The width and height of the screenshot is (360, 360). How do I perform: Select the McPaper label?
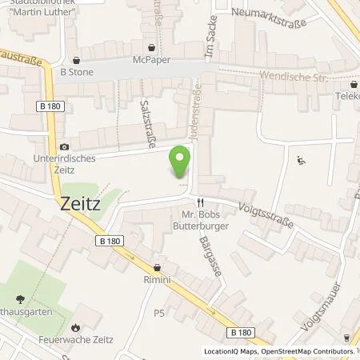pyautogui.click(x=151, y=58)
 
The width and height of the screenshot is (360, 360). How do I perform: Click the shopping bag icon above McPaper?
pyautogui.click(x=151, y=46)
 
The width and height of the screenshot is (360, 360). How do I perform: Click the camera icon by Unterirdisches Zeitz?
pyautogui.click(x=65, y=147)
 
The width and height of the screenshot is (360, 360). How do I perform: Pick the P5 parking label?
pyautogui.click(x=160, y=313)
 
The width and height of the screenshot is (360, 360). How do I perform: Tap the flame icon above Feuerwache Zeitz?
pyautogui.click(x=74, y=327)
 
